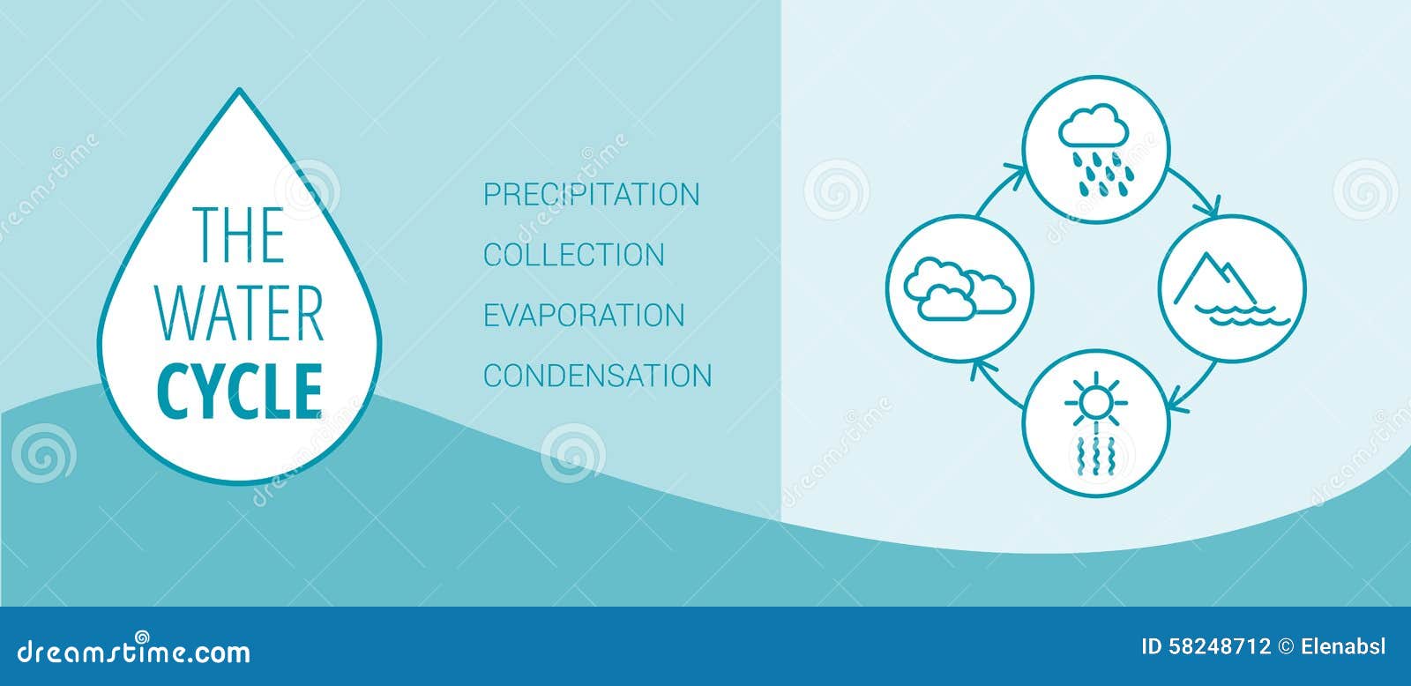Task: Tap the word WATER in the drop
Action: [x=240, y=313]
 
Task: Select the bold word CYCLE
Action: [x=240, y=391]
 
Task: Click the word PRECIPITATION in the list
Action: [x=592, y=194]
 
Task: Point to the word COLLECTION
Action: [x=574, y=255]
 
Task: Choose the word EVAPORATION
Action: [x=584, y=315]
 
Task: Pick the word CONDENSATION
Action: [x=598, y=376]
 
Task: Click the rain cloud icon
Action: [x=1096, y=150]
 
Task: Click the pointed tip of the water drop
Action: [x=239, y=89]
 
